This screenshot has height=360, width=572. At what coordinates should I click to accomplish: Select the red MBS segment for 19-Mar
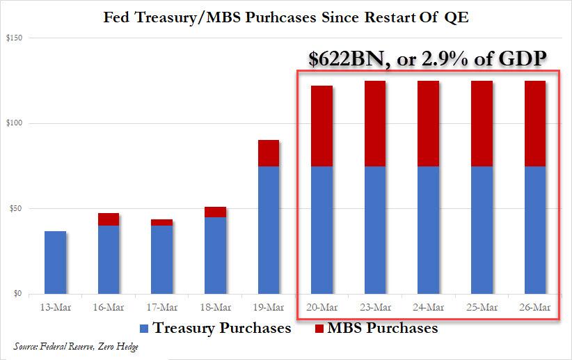[269, 153]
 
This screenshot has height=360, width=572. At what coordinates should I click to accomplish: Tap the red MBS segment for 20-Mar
[322, 126]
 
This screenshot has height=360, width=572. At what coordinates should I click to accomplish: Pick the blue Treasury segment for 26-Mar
[535, 230]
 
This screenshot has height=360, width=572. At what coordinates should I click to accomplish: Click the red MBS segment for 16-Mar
[108, 219]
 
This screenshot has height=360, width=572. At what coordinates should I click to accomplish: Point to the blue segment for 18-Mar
[215, 256]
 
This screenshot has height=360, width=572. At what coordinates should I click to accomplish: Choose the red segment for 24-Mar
[429, 123]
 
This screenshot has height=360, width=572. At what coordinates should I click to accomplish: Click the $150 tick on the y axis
[14, 38]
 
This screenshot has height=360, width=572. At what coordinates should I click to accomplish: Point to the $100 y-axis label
[14, 124]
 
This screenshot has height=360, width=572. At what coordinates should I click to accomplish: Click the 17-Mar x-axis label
[161, 307]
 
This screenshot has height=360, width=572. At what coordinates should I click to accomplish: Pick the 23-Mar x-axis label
[375, 307]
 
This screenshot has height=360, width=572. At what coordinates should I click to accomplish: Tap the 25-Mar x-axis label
[482, 307]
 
